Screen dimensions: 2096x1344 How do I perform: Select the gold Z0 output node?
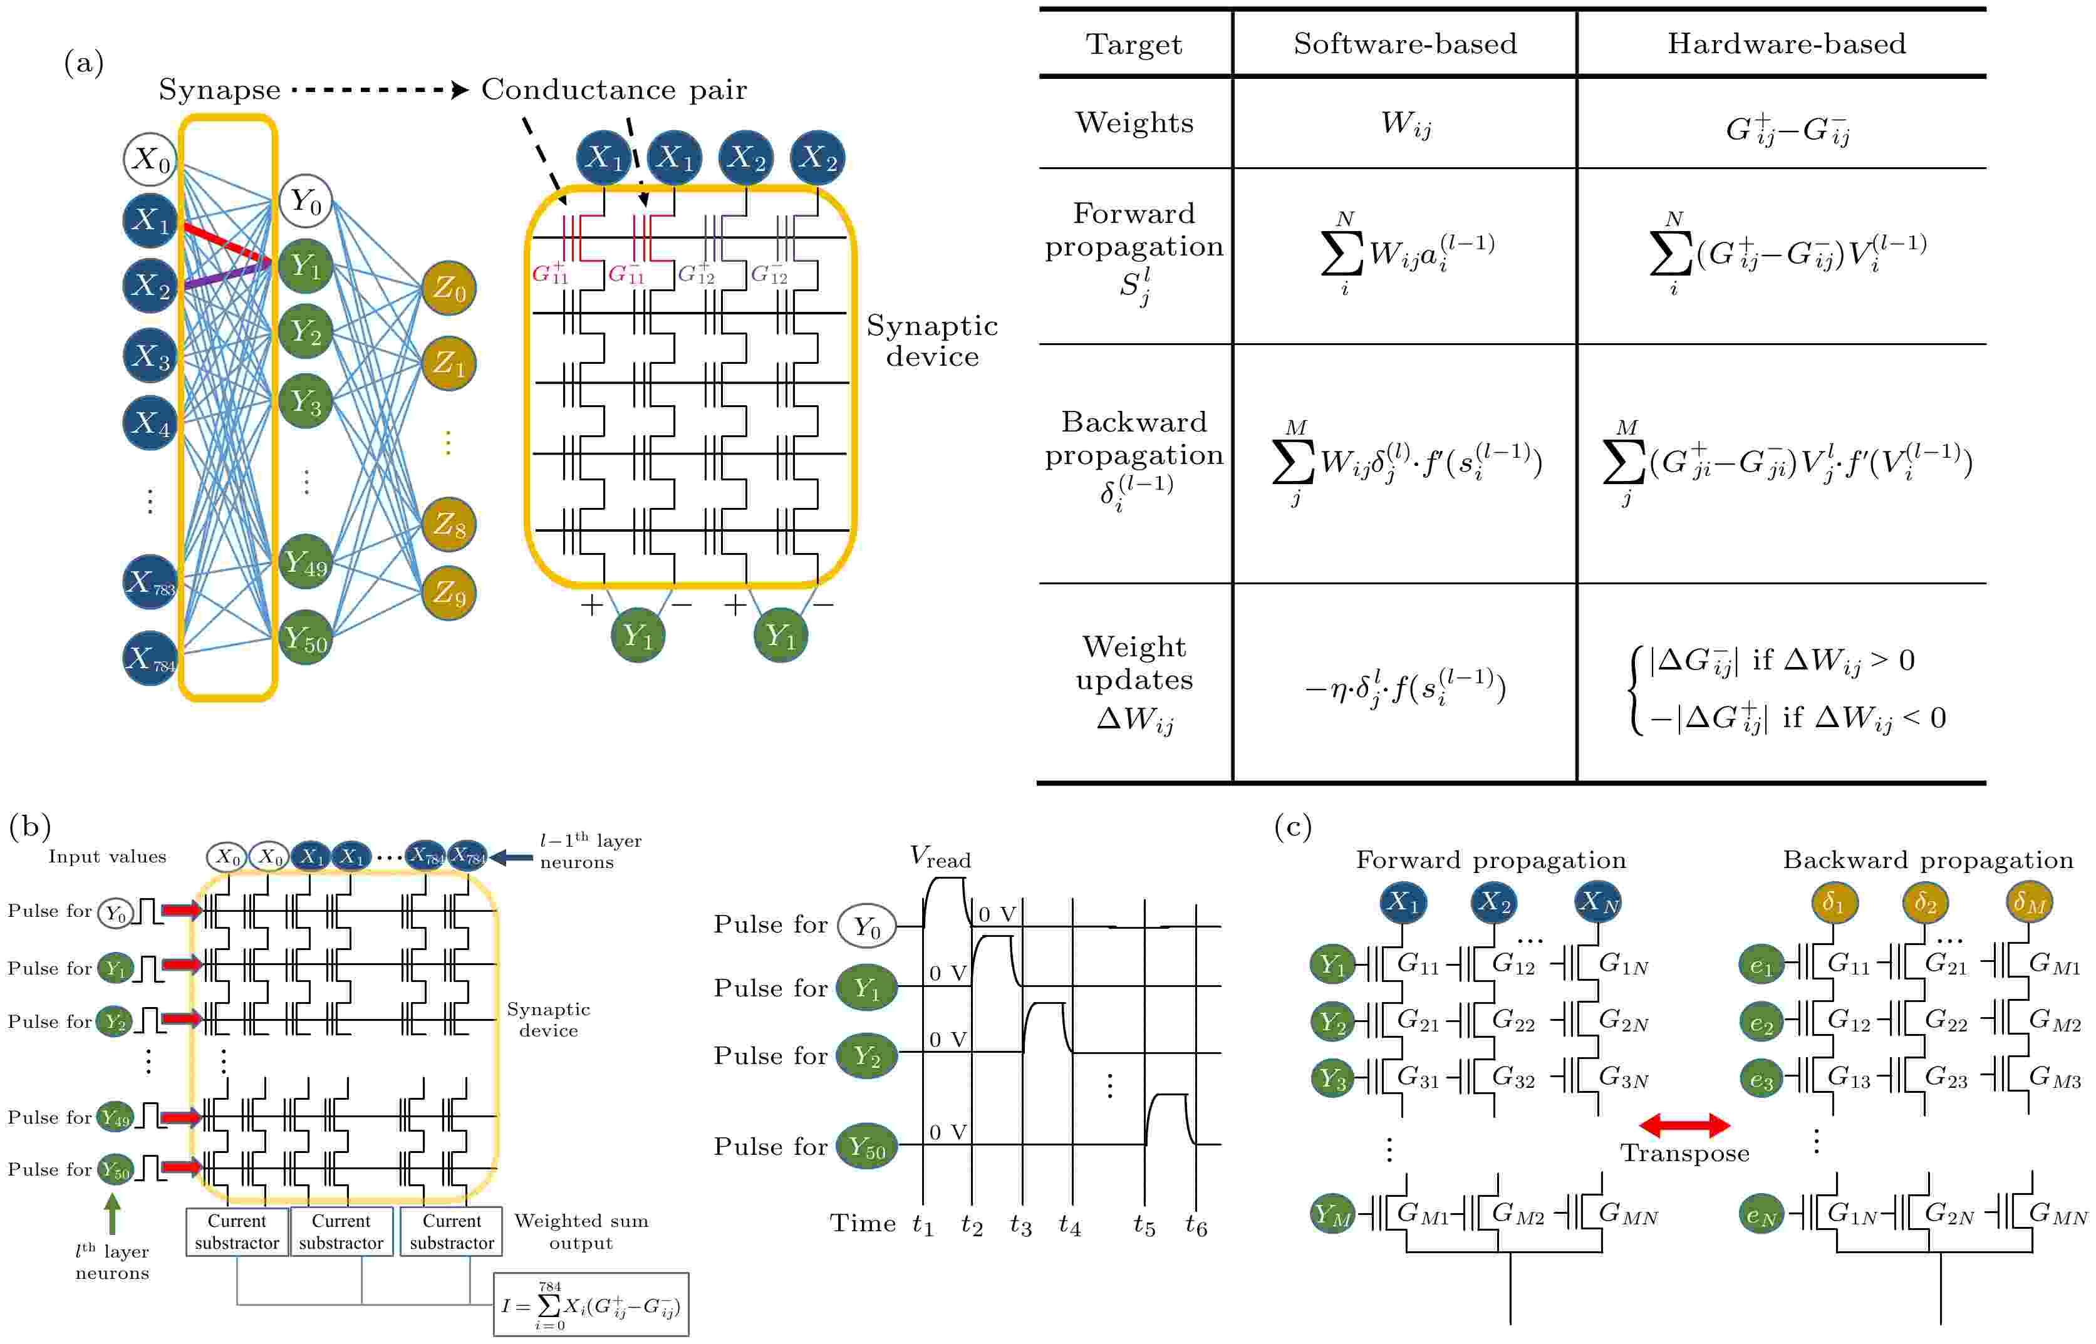[449, 288]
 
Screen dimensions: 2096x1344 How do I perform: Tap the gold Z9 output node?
[449, 594]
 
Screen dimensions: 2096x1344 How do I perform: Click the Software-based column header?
[1404, 44]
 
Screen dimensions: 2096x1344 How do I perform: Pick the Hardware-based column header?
[1786, 44]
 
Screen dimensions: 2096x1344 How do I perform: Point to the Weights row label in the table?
[1134, 122]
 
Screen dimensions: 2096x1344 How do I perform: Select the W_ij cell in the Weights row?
[1406, 125]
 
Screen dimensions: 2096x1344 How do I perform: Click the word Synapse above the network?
[219, 90]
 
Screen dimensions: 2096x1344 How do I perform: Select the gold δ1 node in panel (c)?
[1834, 903]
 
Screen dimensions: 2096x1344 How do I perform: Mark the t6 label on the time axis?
[1196, 1226]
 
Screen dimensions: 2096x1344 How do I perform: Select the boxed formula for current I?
[591, 1305]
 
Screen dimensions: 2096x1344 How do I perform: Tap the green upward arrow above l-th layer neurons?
[112, 1213]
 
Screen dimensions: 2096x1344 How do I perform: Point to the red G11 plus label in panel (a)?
[550, 273]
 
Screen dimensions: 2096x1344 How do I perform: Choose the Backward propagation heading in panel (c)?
[1927, 861]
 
